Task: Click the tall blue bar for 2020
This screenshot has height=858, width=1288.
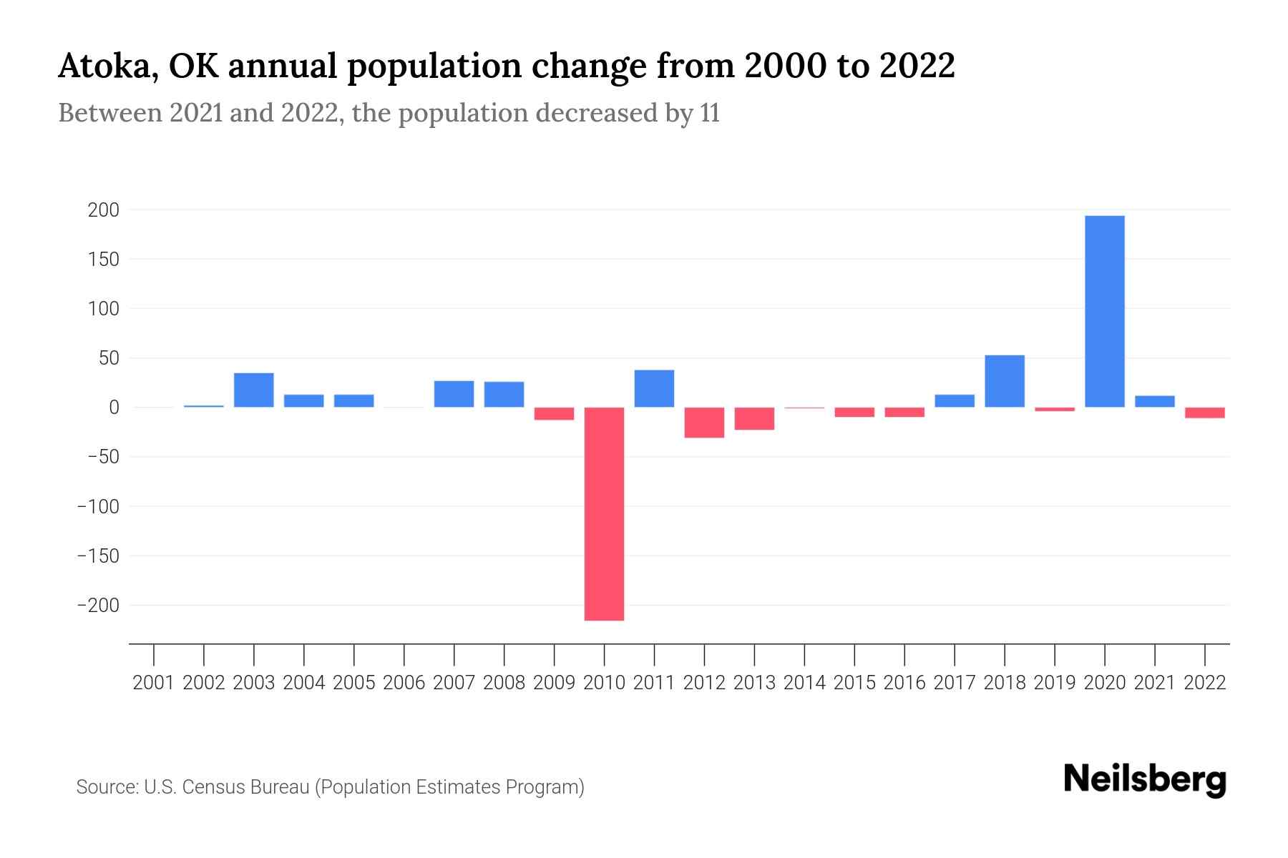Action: (1104, 311)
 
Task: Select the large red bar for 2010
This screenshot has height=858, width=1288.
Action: (604, 513)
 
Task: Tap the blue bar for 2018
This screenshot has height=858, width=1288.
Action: (1004, 381)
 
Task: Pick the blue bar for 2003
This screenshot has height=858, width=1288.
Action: (253, 390)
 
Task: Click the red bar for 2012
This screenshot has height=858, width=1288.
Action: (704, 423)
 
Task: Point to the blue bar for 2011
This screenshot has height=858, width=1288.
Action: (654, 388)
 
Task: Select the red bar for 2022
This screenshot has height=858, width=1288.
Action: (1204, 413)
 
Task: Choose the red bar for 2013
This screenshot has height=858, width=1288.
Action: (754, 418)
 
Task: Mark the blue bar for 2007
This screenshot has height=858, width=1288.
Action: (454, 394)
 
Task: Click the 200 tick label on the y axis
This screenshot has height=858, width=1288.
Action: (103, 210)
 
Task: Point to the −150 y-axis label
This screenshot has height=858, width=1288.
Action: (98, 556)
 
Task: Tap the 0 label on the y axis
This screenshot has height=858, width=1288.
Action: (113, 408)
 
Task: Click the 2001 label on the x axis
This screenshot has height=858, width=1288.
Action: (154, 683)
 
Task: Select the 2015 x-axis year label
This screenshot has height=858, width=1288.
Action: (854, 683)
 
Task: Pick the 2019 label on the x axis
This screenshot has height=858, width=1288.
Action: (1054, 683)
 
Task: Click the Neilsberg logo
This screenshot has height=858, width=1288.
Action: (1144, 779)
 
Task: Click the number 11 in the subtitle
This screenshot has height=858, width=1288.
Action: (709, 113)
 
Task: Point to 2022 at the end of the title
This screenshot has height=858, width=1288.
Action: (917, 66)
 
